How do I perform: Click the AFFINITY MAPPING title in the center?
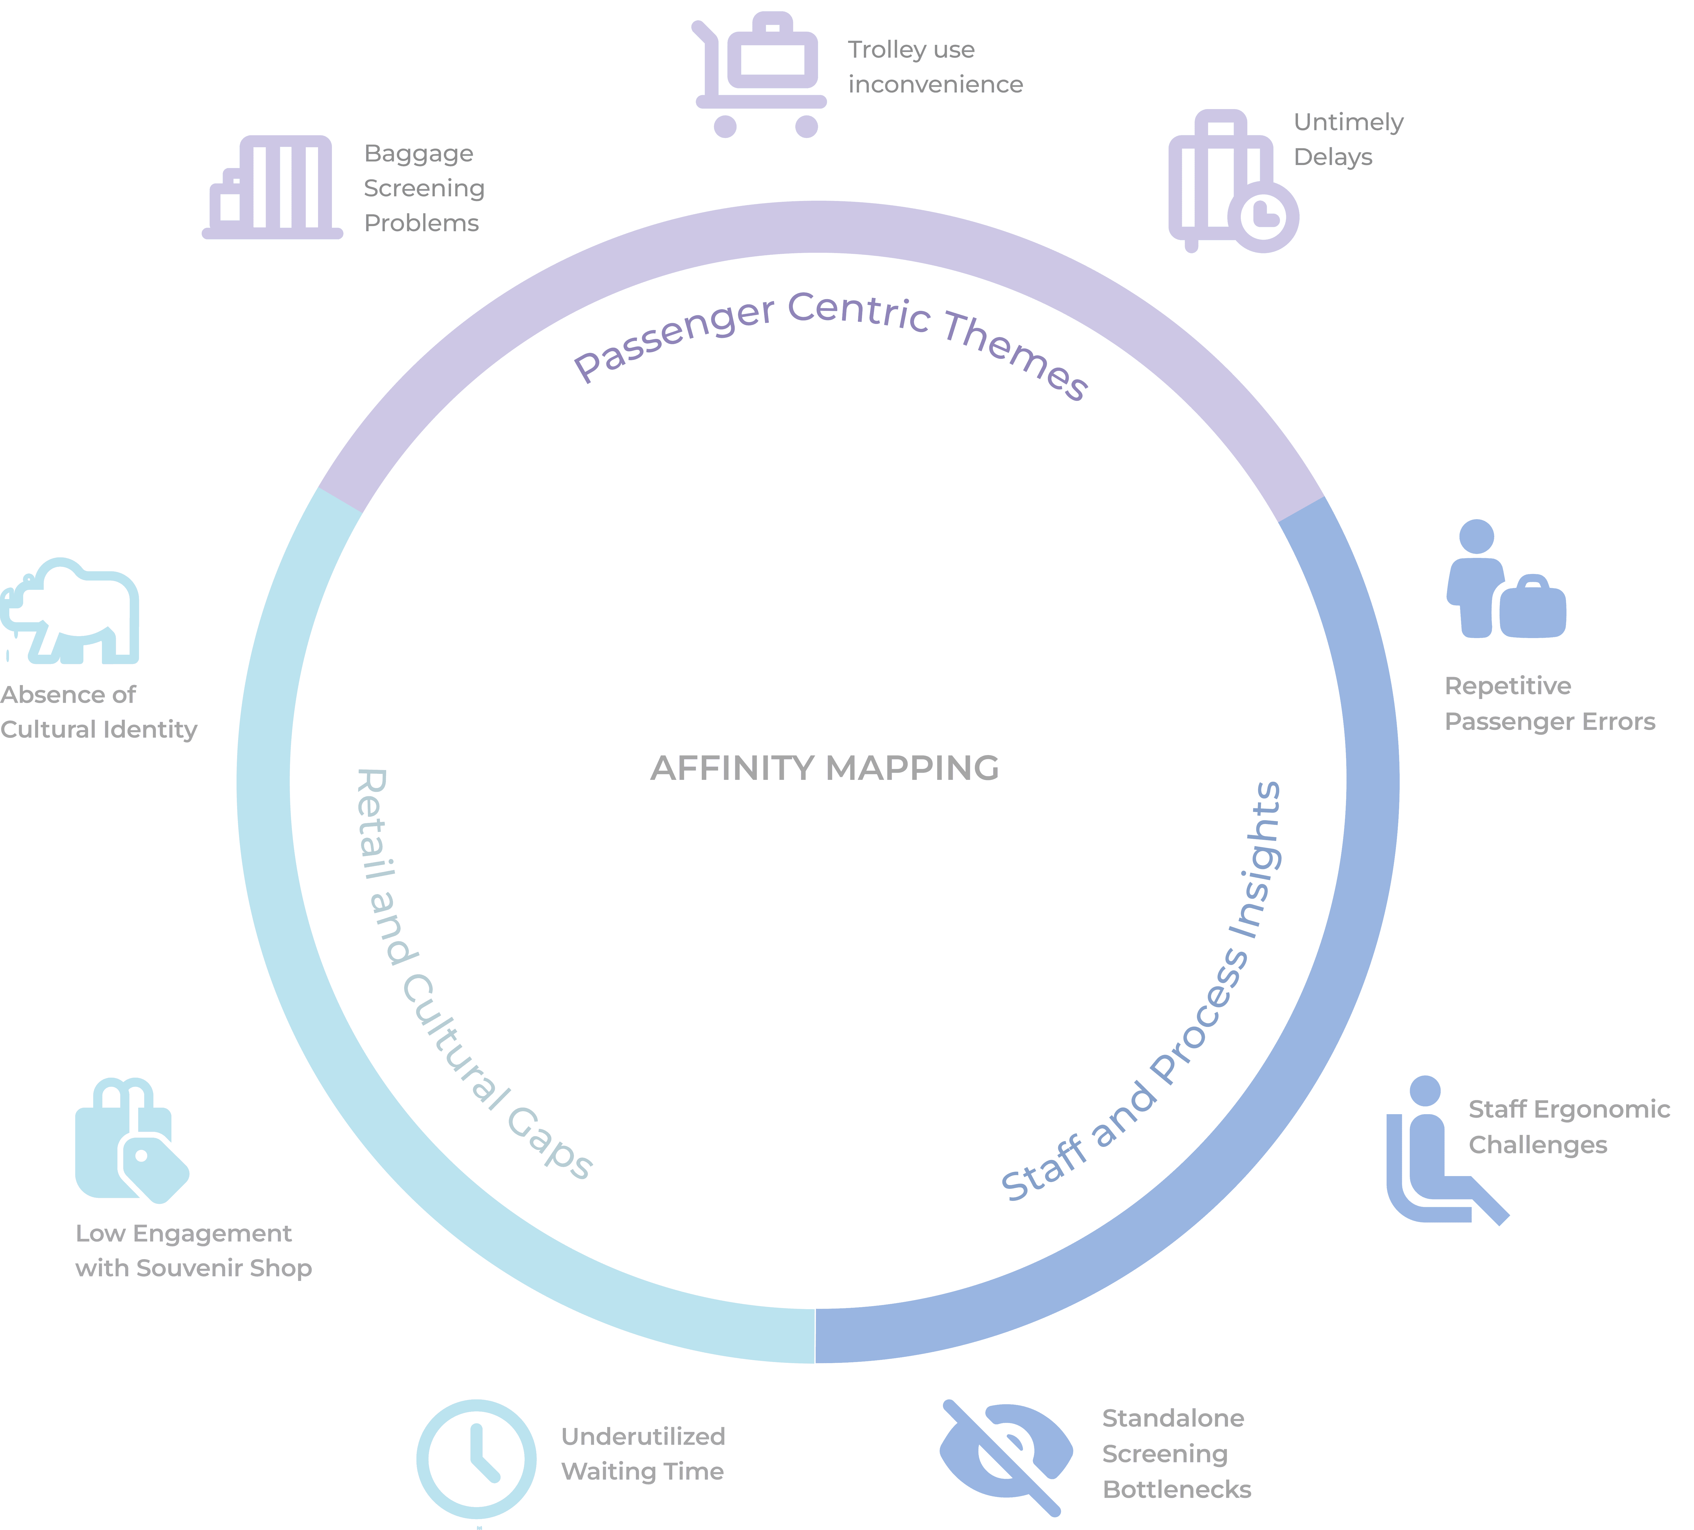tap(824, 768)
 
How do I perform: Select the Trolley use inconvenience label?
tap(934, 67)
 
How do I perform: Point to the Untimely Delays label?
tap(1348, 140)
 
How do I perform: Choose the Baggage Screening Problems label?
tap(423, 188)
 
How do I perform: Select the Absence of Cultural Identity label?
tap(98, 712)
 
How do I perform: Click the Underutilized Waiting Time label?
tap(643, 1453)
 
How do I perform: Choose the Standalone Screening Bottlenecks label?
tap(1176, 1453)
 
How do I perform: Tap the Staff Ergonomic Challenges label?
tap(1568, 1127)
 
